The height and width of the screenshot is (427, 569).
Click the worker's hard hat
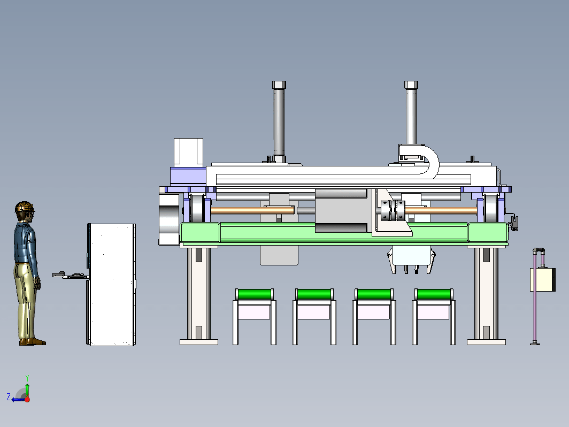pyautogui.click(x=24, y=207)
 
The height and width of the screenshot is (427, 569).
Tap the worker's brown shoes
pyautogui.click(x=33, y=342)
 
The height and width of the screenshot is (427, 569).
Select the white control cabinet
pyautogui.click(x=111, y=284)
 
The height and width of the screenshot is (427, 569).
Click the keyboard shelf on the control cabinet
pyautogui.click(x=71, y=275)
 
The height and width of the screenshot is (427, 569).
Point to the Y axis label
pyautogui.click(x=27, y=378)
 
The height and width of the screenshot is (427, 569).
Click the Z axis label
pyautogui.click(x=9, y=397)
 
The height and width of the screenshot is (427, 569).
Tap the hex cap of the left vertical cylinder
pyautogui.click(x=279, y=85)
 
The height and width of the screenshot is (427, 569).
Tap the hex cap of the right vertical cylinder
pyautogui.click(x=411, y=85)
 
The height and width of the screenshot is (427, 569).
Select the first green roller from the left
pyautogui.click(x=255, y=294)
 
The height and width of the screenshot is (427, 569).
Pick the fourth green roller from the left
pyautogui.click(x=434, y=294)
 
